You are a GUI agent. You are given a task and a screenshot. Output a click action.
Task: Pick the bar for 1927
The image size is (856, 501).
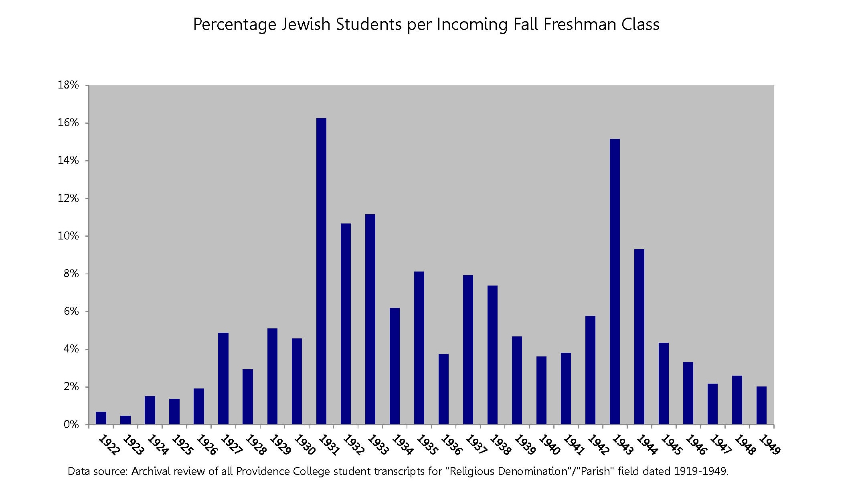click(223, 378)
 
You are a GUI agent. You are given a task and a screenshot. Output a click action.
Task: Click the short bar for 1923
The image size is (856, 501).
click(125, 420)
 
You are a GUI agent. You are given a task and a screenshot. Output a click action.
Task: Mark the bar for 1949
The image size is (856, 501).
click(761, 405)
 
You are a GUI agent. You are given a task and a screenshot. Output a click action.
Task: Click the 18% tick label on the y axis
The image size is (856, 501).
click(68, 85)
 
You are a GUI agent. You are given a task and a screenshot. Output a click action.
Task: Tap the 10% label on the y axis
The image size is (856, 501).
click(68, 236)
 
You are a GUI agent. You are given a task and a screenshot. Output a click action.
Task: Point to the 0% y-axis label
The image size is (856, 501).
click(71, 425)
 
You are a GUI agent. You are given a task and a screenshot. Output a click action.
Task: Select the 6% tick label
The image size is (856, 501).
click(71, 311)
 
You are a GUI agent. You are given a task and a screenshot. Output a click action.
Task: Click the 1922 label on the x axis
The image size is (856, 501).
click(109, 445)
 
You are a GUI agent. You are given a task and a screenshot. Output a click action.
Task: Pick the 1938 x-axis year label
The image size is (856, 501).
click(500, 445)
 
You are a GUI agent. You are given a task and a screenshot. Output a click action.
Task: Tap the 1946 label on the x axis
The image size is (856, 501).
click(696, 445)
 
